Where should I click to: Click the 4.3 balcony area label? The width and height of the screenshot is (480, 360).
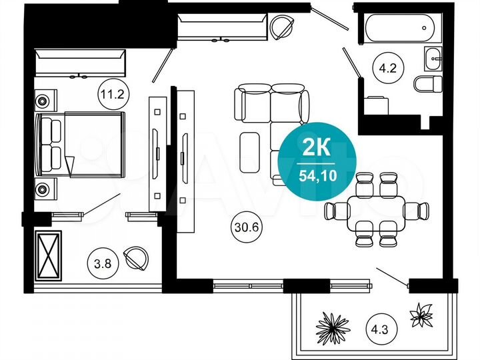point(379,328)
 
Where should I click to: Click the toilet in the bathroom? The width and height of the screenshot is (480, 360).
point(427,83)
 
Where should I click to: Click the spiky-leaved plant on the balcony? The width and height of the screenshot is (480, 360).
point(333,326)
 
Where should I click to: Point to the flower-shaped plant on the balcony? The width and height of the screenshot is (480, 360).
point(421,315)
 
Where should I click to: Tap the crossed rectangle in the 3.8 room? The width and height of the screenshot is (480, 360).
point(47,255)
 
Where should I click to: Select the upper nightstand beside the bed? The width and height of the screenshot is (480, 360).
point(44,102)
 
